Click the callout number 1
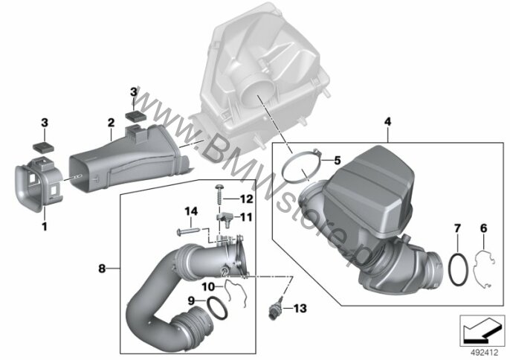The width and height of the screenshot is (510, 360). tap(45, 226)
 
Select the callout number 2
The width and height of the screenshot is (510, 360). tap(111, 123)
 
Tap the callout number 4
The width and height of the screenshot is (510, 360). tap(387, 122)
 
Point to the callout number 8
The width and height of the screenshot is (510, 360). tap(102, 269)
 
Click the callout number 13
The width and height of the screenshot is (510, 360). tap(300, 308)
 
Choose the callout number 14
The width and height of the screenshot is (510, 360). tap(191, 211)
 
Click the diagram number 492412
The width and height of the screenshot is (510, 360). tap(485, 353)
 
